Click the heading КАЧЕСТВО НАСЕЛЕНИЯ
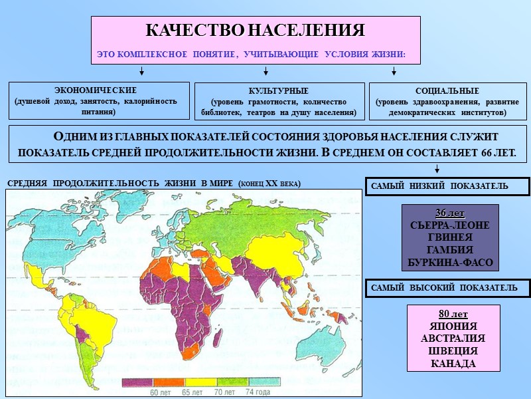[255, 31]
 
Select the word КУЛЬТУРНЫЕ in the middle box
[278, 90]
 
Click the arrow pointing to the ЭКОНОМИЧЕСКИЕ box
[141, 72]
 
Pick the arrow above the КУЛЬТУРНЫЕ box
[265, 72]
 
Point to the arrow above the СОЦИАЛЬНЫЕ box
[394, 72]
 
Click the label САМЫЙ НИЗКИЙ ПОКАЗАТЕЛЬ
[438, 186]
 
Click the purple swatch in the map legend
[139, 382]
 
